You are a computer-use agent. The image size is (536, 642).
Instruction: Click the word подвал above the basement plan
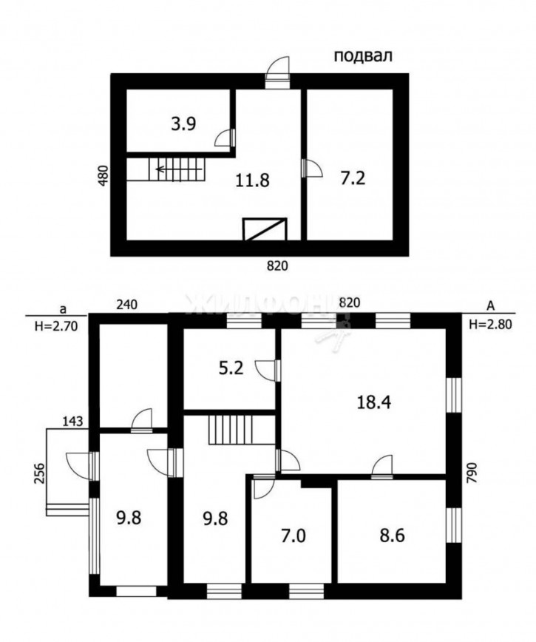coord(363,55)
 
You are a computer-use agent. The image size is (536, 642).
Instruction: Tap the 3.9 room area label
coord(183,124)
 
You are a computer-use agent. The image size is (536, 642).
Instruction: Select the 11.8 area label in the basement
coord(252,180)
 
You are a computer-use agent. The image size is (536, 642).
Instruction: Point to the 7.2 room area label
coord(353,178)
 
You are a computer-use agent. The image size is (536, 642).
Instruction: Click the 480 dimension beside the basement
coord(104,175)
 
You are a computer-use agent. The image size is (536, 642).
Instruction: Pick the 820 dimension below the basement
coord(277,266)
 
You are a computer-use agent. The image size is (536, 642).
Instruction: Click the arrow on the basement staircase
coord(178,169)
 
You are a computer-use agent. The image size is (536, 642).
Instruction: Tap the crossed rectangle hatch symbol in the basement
coord(265,229)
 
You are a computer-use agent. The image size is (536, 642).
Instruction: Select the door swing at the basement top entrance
coord(277,67)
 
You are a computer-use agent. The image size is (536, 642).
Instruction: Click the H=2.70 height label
coord(56,326)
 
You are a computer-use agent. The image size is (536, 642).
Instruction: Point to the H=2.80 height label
coord(490,325)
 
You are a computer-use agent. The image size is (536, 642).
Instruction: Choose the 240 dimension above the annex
coord(127,305)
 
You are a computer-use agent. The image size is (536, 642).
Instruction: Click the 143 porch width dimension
coord(72,421)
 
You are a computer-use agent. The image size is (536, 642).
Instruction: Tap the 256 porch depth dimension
coord(39,473)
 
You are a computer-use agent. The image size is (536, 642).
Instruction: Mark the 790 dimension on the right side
coord(472,473)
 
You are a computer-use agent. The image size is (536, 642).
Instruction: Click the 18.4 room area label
coord(374,402)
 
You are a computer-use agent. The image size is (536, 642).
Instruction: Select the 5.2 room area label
coord(231,368)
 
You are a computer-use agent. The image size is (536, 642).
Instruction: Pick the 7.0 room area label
coord(294,535)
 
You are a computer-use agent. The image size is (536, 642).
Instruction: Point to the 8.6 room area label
coord(392,535)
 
